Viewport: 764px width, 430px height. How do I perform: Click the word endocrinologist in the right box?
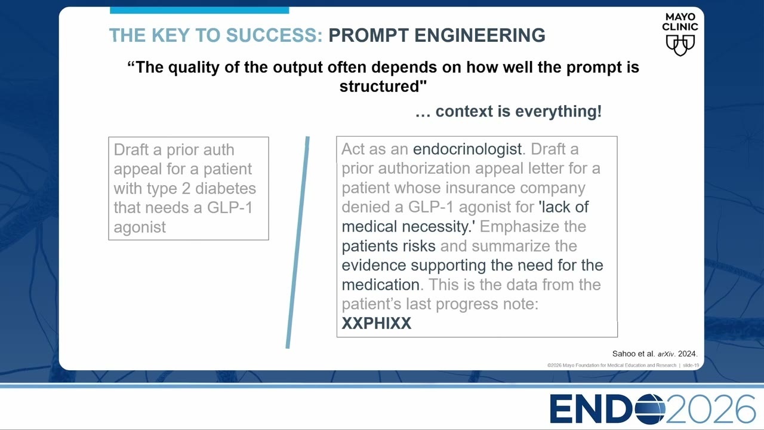pos(467,149)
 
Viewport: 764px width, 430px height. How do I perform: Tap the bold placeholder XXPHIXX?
pos(377,323)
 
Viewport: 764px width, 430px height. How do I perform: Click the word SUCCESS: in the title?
pos(274,35)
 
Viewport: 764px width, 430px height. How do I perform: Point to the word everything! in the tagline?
pos(558,111)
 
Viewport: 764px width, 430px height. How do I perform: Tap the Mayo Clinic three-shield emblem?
pos(680,45)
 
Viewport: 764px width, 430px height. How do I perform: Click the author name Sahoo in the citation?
pos(623,354)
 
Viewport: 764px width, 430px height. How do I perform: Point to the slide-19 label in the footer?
pos(691,365)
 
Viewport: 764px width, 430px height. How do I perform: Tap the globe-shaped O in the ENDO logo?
pos(647,409)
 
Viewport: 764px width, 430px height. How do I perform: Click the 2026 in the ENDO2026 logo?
pos(710,409)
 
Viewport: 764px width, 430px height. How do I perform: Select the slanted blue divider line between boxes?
pos(298,242)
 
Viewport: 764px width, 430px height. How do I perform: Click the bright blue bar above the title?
pos(199,10)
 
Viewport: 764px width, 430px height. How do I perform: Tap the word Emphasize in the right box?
pos(516,226)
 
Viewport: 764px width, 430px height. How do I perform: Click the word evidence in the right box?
pos(374,265)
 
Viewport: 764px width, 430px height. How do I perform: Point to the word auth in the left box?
pos(217,150)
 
